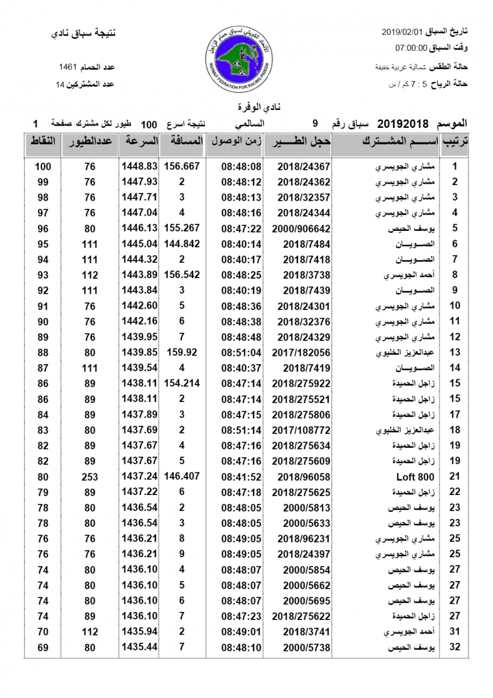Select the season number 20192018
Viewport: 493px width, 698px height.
point(402,124)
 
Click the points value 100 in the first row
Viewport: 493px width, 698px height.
point(43,166)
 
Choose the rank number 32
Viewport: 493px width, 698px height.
point(455,647)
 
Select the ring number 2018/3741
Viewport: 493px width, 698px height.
point(304,632)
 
